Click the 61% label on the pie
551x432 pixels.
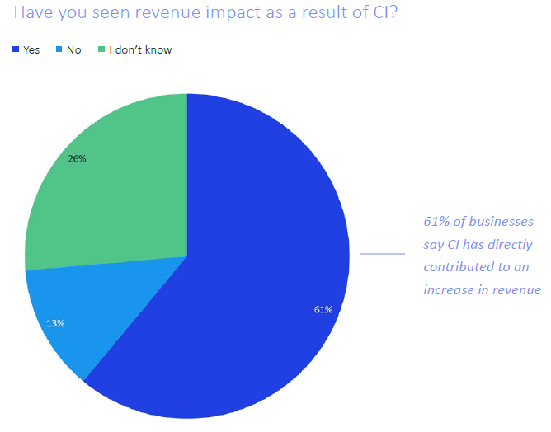click(x=323, y=309)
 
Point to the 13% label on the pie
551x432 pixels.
click(x=55, y=323)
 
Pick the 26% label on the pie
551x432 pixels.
click(x=78, y=158)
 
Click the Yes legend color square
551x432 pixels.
click(x=16, y=50)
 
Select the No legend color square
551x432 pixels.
click(x=59, y=50)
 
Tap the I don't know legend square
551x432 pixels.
click(x=101, y=50)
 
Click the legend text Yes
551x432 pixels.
click(x=31, y=50)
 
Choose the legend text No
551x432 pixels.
click(x=74, y=50)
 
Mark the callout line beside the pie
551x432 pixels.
click(x=383, y=254)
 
